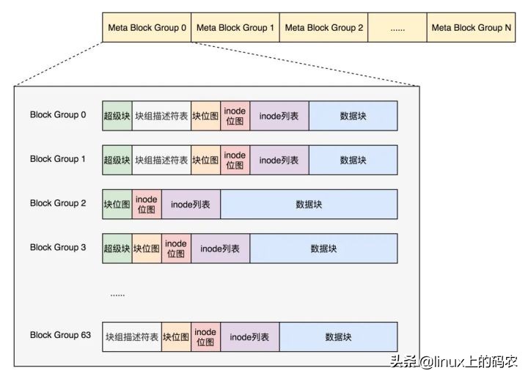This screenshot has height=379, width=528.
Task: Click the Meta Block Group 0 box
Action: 147,28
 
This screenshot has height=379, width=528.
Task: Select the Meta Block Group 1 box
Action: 235,28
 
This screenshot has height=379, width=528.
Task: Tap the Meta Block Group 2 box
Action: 323,28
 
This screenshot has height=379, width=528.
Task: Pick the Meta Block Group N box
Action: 471,28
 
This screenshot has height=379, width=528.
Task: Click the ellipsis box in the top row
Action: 397,28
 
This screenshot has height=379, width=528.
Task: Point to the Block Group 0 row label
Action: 58,115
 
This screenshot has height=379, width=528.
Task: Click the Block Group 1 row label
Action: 58,159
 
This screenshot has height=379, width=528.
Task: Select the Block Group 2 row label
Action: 58,203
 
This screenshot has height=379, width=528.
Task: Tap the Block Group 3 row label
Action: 58,248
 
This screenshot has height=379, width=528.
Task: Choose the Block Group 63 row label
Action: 60,335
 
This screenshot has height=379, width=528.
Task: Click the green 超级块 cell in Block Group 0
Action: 117,116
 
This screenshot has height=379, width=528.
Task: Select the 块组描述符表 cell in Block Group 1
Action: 161,160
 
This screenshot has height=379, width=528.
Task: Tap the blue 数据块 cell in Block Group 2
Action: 309,205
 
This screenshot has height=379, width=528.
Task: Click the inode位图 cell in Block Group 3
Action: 176,249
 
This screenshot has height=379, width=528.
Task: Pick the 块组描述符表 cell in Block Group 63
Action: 132,336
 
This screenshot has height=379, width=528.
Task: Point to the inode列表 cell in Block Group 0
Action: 279,116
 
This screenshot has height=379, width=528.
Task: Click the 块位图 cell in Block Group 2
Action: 117,205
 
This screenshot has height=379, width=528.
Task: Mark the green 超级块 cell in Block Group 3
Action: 117,249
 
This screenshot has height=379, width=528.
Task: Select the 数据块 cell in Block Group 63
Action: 338,336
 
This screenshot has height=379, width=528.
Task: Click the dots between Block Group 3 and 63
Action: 117,295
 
